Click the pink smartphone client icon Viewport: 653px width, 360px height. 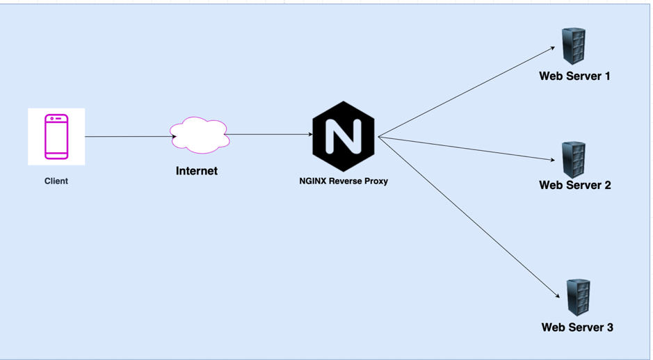click(56, 137)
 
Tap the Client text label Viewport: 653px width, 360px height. click(56, 181)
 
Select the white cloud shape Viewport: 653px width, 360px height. click(200, 135)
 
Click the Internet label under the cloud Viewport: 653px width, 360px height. click(197, 171)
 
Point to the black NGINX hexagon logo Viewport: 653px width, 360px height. click(344, 136)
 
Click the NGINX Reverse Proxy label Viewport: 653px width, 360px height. click(344, 181)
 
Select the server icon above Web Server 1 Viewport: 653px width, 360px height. click(574, 46)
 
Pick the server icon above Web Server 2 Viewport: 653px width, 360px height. click(574, 159)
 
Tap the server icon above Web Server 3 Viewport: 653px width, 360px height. click(578, 297)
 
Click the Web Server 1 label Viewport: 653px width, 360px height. click(574, 76)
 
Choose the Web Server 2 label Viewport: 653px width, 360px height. click(575, 186)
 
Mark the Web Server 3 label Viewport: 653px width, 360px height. click(577, 327)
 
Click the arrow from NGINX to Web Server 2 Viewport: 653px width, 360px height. click(466, 149)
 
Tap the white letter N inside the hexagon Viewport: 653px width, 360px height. click(344, 136)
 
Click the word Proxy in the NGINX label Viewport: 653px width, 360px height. click(374, 181)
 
